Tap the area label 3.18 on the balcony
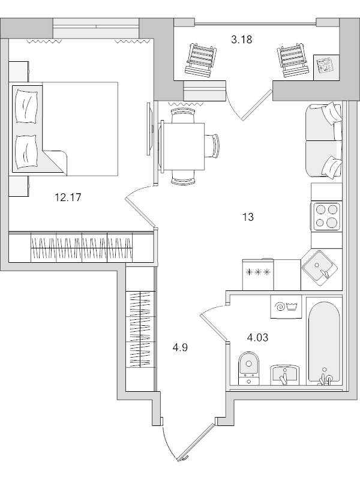[x=241, y=40]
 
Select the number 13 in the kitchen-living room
[x=248, y=217]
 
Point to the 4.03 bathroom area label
[x=257, y=337]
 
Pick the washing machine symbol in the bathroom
[x=286, y=306]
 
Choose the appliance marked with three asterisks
[x=257, y=273]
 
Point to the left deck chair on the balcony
[x=199, y=59]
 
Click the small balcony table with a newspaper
[x=326, y=65]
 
